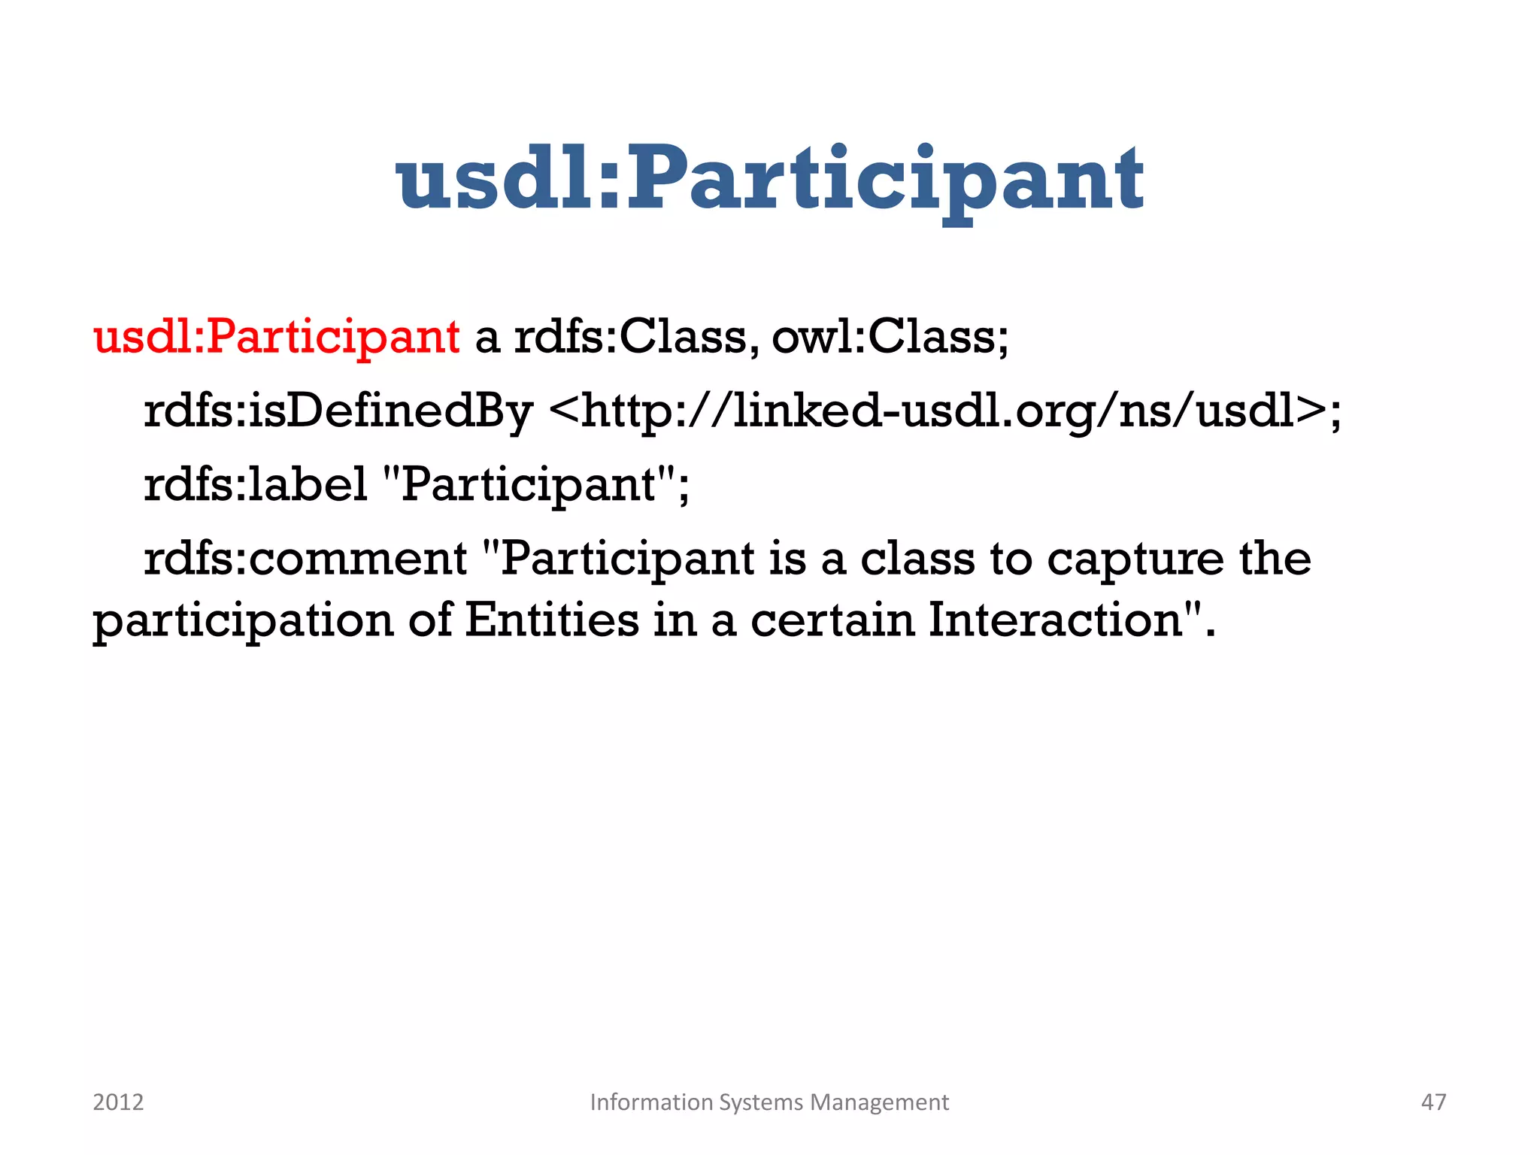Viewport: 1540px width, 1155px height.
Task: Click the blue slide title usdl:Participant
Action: [x=769, y=180]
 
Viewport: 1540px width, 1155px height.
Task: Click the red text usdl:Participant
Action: [x=276, y=336]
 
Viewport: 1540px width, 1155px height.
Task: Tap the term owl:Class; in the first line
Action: [x=890, y=336]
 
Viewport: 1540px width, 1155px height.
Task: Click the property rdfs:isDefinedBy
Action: [x=338, y=411]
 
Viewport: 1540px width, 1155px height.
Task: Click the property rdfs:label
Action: [x=255, y=484]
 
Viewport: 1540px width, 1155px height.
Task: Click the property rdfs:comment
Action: [x=305, y=559]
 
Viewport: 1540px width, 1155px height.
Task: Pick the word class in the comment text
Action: [x=917, y=559]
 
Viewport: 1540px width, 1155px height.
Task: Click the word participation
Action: [x=243, y=621]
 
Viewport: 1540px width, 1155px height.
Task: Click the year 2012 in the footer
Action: [x=118, y=1102]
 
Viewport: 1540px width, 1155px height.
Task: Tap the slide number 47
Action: [x=1433, y=1102]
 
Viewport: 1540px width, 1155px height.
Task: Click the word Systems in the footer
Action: [x=761, y=1102]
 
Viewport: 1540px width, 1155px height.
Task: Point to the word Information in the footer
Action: [x=651, y=1102]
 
